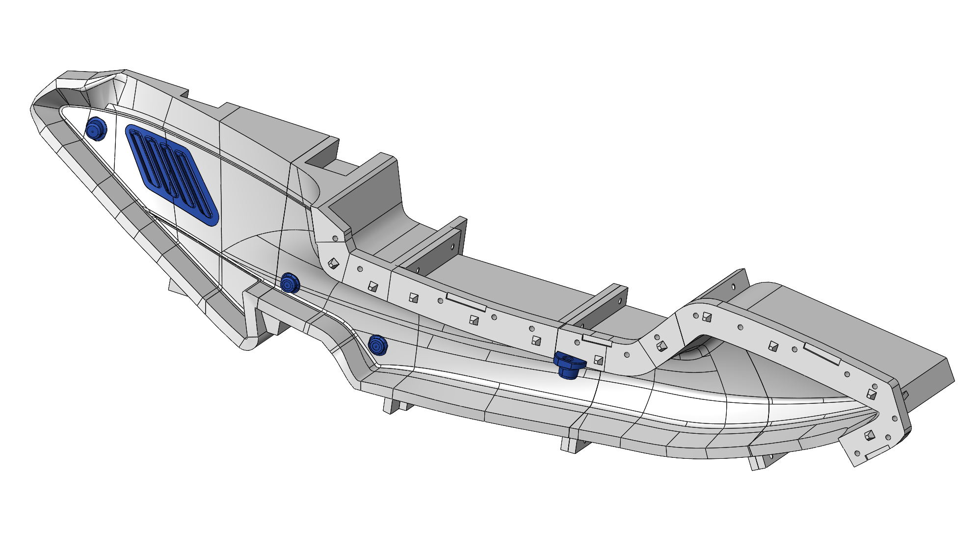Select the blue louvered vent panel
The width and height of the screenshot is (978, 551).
[171, 174]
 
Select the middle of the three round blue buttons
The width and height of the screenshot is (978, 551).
[290, 283]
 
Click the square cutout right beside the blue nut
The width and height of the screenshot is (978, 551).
[598, 361]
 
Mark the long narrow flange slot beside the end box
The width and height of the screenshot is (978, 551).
[822, 354]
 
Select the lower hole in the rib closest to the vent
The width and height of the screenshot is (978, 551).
[418, 269]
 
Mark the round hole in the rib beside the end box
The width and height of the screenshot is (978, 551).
[733, 287]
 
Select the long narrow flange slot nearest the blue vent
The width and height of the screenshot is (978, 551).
[466, 303]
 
